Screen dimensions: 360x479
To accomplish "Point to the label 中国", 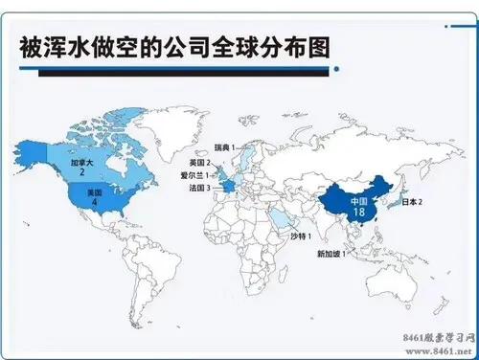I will pos(358,201).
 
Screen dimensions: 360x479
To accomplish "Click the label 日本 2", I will pos(413,203).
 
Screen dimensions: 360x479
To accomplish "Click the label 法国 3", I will pos(201,189).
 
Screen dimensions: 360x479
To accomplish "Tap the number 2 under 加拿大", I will pos(82,173).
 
